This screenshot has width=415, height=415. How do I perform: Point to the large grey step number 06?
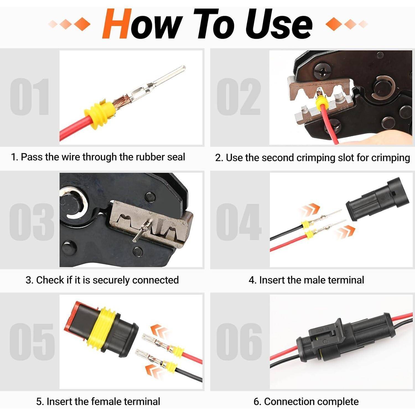pos(239,341)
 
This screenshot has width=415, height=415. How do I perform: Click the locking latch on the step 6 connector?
pos(329,331)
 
